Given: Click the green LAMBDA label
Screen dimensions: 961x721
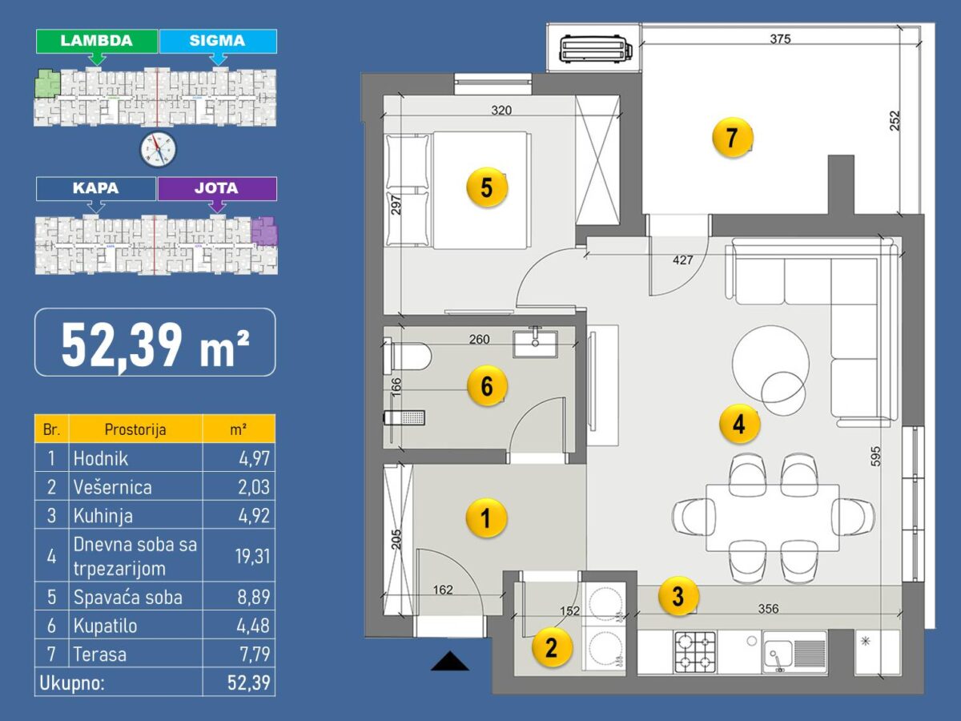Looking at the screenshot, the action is [x=97, y=41].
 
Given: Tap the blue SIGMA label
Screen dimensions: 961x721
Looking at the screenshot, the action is [x=218, y=41].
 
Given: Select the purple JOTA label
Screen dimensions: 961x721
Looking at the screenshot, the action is [x=217, y=189].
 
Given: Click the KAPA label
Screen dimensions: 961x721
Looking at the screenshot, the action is [x=96, y=189].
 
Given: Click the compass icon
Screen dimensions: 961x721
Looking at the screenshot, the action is [x=158, y=149].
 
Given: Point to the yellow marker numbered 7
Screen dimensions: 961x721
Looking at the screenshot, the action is [x=733, y=138].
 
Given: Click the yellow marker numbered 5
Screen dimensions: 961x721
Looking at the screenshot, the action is [x=487, y=187].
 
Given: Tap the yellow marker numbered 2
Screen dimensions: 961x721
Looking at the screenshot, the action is [x=552, y=647].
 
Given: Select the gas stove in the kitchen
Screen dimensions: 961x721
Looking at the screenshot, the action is [x=695, y=652].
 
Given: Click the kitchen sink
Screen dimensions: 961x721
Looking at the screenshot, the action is [x=794, y=652].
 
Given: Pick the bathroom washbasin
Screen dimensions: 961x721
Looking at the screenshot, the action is [x=536, y=344].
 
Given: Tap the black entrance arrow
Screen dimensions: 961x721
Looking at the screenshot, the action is [x=449, y=661].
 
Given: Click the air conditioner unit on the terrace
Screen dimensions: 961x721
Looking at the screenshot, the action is [x=596, y=49].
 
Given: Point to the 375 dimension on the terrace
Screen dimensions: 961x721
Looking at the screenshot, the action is [x=780, y=39].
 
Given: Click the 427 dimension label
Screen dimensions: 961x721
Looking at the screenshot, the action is [x=682, y=260].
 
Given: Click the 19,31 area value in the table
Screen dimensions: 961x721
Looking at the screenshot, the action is [x=252, y=557].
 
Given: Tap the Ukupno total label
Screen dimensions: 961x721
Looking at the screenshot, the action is [x=72, y=683].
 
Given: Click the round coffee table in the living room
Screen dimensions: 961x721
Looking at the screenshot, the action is [x=770, y=364].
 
